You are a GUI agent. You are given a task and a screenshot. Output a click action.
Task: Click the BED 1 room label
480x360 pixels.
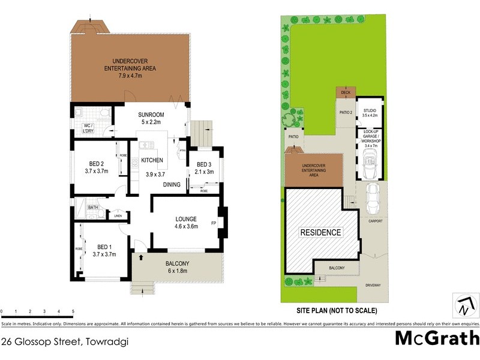104,247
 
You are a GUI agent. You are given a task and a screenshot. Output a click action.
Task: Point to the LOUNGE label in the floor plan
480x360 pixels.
186,219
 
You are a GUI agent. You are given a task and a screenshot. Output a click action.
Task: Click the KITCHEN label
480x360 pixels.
152,160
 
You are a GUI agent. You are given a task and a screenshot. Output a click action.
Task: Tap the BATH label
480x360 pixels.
93,208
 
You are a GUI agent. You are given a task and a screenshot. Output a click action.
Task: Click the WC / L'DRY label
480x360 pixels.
89,128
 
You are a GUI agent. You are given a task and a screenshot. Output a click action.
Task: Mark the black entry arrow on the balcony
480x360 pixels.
142,258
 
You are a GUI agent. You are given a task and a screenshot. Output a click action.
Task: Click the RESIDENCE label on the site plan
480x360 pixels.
321,232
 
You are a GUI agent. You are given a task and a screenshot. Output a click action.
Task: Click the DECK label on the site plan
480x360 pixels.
345,92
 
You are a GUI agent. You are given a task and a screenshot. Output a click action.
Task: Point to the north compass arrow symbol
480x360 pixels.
464,306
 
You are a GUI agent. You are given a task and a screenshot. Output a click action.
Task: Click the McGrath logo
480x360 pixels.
437,337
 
